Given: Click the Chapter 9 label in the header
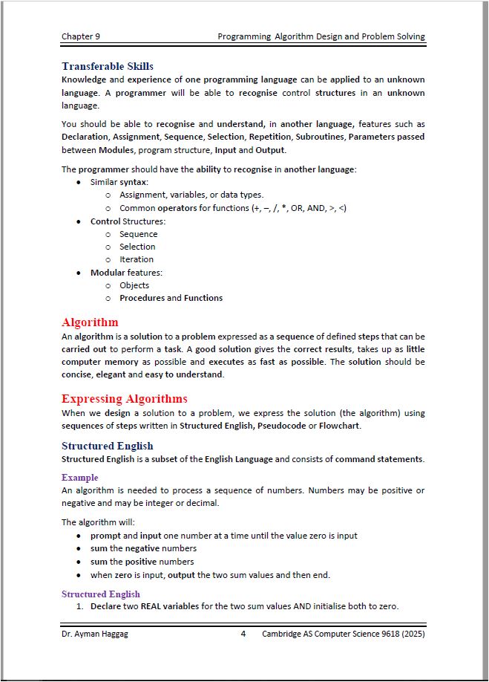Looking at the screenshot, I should click(x=80, y=36).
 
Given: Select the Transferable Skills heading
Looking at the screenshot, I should click(x=107, y=66).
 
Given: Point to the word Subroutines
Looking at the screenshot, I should click(x=320, y=137).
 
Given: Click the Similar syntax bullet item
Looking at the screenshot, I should click(x=119, y=182).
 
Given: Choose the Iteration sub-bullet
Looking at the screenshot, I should click(x=137, y=259).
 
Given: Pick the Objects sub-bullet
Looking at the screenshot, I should click(x=134, y=285).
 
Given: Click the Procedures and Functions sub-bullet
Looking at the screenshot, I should click(x=171, y=298).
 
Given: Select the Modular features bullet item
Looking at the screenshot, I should click(x=126, y=273).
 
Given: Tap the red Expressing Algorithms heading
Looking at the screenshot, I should click(x=124, y=398).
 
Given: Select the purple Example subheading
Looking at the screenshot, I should click(x=79, y=478).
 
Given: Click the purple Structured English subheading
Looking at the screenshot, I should click(x=100, y=594).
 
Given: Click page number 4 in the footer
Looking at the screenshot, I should click(x=243, y=634).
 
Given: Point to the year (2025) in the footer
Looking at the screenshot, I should click(x=410, y=634).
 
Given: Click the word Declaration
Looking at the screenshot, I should click(x=85, y=137).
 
